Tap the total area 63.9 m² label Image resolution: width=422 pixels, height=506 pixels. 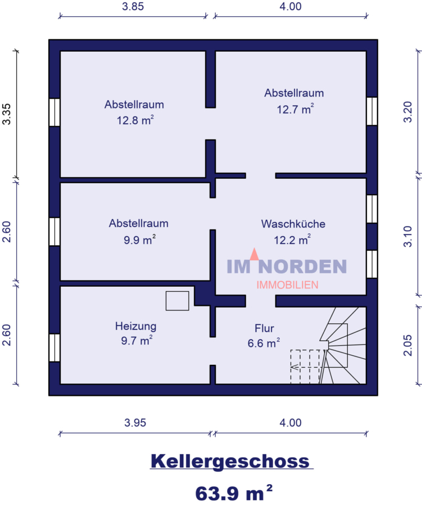234,493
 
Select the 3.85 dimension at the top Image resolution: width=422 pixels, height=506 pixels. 133,6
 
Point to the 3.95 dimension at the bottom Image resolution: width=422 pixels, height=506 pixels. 135,422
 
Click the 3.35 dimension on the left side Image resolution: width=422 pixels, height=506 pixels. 6,114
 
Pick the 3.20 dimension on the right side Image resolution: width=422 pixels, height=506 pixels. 408,112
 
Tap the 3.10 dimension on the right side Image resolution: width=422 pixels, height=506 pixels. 408,237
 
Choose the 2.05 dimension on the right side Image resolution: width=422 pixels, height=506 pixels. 408,345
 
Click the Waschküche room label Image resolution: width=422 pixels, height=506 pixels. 293,224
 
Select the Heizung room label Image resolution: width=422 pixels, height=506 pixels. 136,326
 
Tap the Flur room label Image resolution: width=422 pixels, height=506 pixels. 264,328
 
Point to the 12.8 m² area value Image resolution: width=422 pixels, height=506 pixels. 135,120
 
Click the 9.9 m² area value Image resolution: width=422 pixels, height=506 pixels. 140,240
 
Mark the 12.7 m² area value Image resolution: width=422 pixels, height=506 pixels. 295,109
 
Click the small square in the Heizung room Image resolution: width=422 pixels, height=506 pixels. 178,301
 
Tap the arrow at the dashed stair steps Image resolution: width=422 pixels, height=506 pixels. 295,367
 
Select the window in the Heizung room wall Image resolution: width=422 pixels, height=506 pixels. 55,347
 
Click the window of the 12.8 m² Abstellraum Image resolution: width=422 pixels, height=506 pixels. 55,112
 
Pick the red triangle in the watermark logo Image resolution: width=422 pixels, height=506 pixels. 255,254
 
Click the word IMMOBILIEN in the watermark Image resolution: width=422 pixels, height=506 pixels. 288,284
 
